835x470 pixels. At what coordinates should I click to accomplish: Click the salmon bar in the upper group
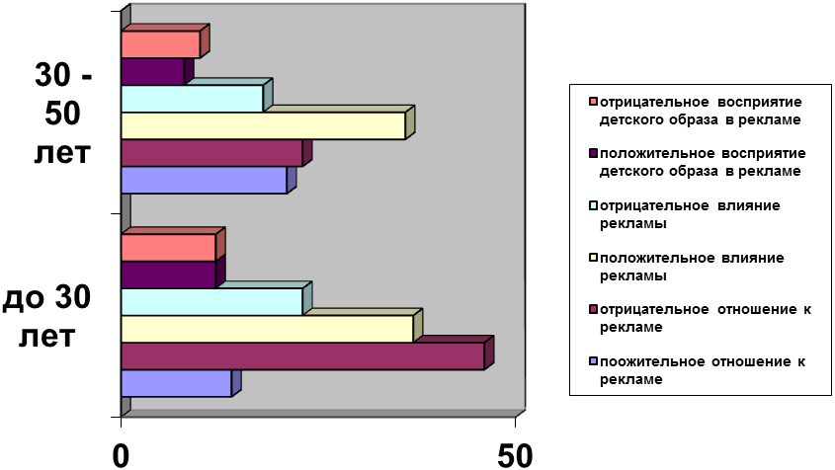click(160, 44)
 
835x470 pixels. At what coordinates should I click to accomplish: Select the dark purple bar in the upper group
click(152, 71)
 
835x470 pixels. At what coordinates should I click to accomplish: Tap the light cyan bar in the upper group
click(192, 99)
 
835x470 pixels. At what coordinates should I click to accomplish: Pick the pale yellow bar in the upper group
click(263, 125)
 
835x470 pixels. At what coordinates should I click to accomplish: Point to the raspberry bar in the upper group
click(211, 153)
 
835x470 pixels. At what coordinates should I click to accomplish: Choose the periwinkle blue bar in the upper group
click(204, 180)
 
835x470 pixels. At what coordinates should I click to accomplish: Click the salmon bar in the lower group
click(168, 248)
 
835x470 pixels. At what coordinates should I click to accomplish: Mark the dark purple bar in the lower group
click(168, 274)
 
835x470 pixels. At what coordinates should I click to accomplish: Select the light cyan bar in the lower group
click(211, 301)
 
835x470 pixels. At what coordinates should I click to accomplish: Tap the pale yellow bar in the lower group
click(267, 329)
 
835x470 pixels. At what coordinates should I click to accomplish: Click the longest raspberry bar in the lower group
click(302, 355)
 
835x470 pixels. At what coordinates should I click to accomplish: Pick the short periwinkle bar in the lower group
click(176, 383)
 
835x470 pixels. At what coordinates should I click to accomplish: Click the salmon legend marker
click(593, 101)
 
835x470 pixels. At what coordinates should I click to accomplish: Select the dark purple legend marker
click(593, 153)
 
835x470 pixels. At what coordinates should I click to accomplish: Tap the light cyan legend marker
click(593, 205)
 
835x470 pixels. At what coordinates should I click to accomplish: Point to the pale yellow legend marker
click(593, 257)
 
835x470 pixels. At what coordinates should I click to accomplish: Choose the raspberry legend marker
click(593, 309)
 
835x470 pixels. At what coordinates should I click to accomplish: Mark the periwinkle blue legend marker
click(593, 361)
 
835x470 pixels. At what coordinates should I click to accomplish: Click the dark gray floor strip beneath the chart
click(321, 414)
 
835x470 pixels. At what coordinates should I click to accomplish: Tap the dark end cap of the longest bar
click(489, 352)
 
